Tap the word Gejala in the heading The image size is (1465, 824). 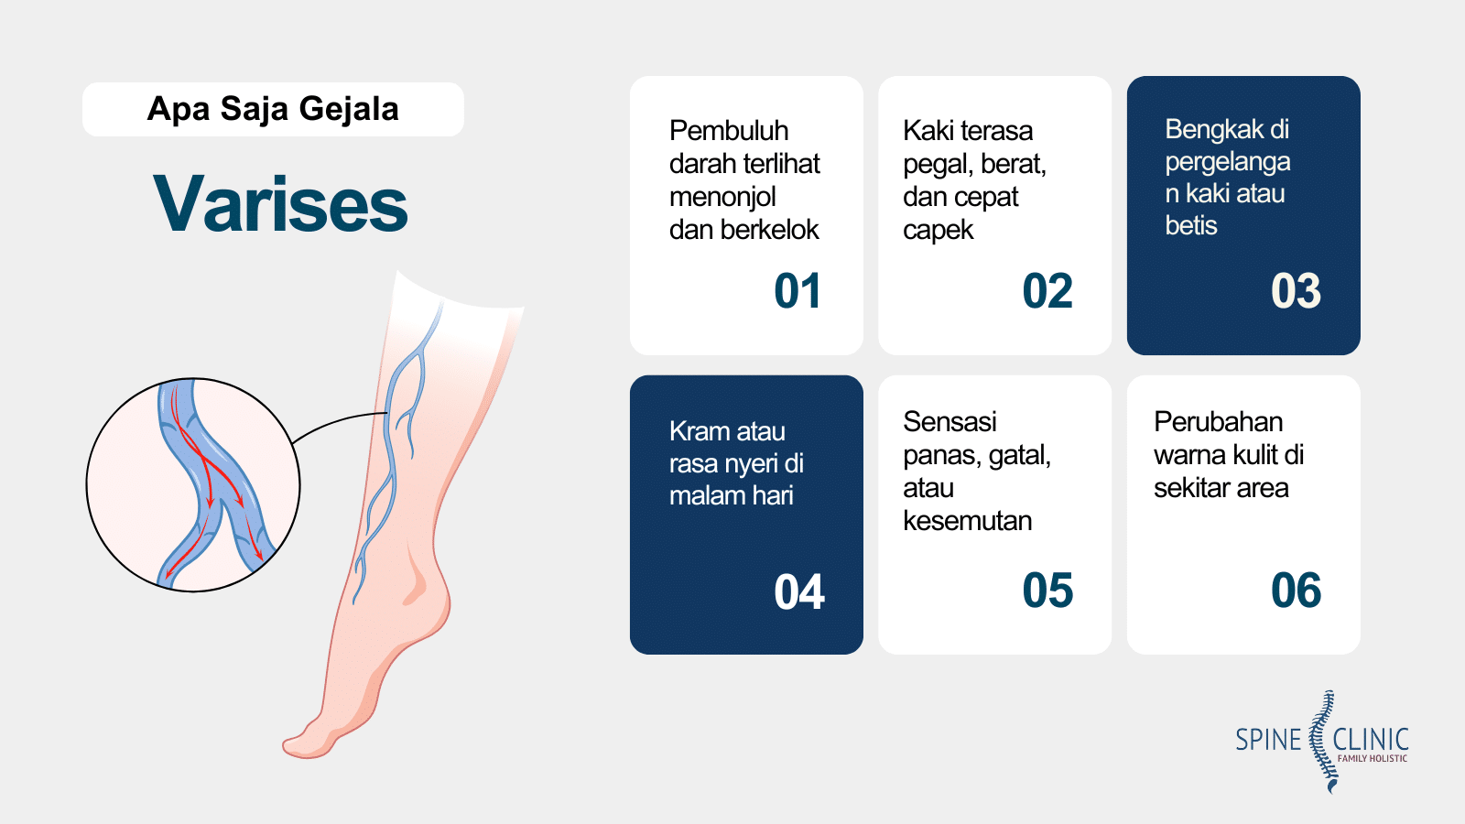coord(349,109)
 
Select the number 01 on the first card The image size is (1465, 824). coord(798,291)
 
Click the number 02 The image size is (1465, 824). coord(1047,291)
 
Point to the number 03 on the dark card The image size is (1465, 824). coord(1296,291)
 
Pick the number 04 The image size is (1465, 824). coord(798,591)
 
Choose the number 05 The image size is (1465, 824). coord(1047,591)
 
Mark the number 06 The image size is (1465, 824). coord(1296,591)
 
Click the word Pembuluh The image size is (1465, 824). coord(729,131)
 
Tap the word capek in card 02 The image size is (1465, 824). coord(938,231)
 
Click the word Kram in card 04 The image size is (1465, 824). coord(695,431)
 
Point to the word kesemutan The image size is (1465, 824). coord(967,521)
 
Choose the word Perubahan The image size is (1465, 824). coord(1218,422)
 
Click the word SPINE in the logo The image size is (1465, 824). coord(1268,741)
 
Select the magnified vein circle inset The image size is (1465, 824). coord(193,484)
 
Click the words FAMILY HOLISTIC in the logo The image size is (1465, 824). coord(1373,759)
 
